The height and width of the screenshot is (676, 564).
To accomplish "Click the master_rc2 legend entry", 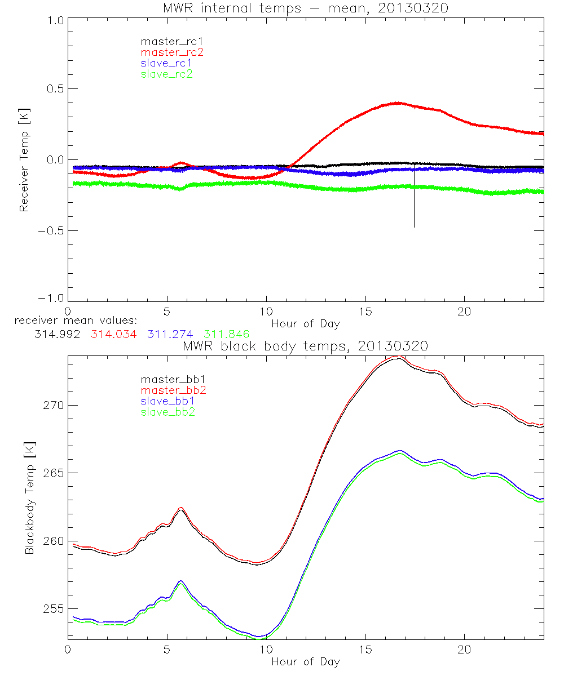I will (172, 52).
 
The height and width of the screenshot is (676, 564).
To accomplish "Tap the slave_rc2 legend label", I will (166, 74).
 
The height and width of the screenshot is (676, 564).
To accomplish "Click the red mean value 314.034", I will (113, 335).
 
